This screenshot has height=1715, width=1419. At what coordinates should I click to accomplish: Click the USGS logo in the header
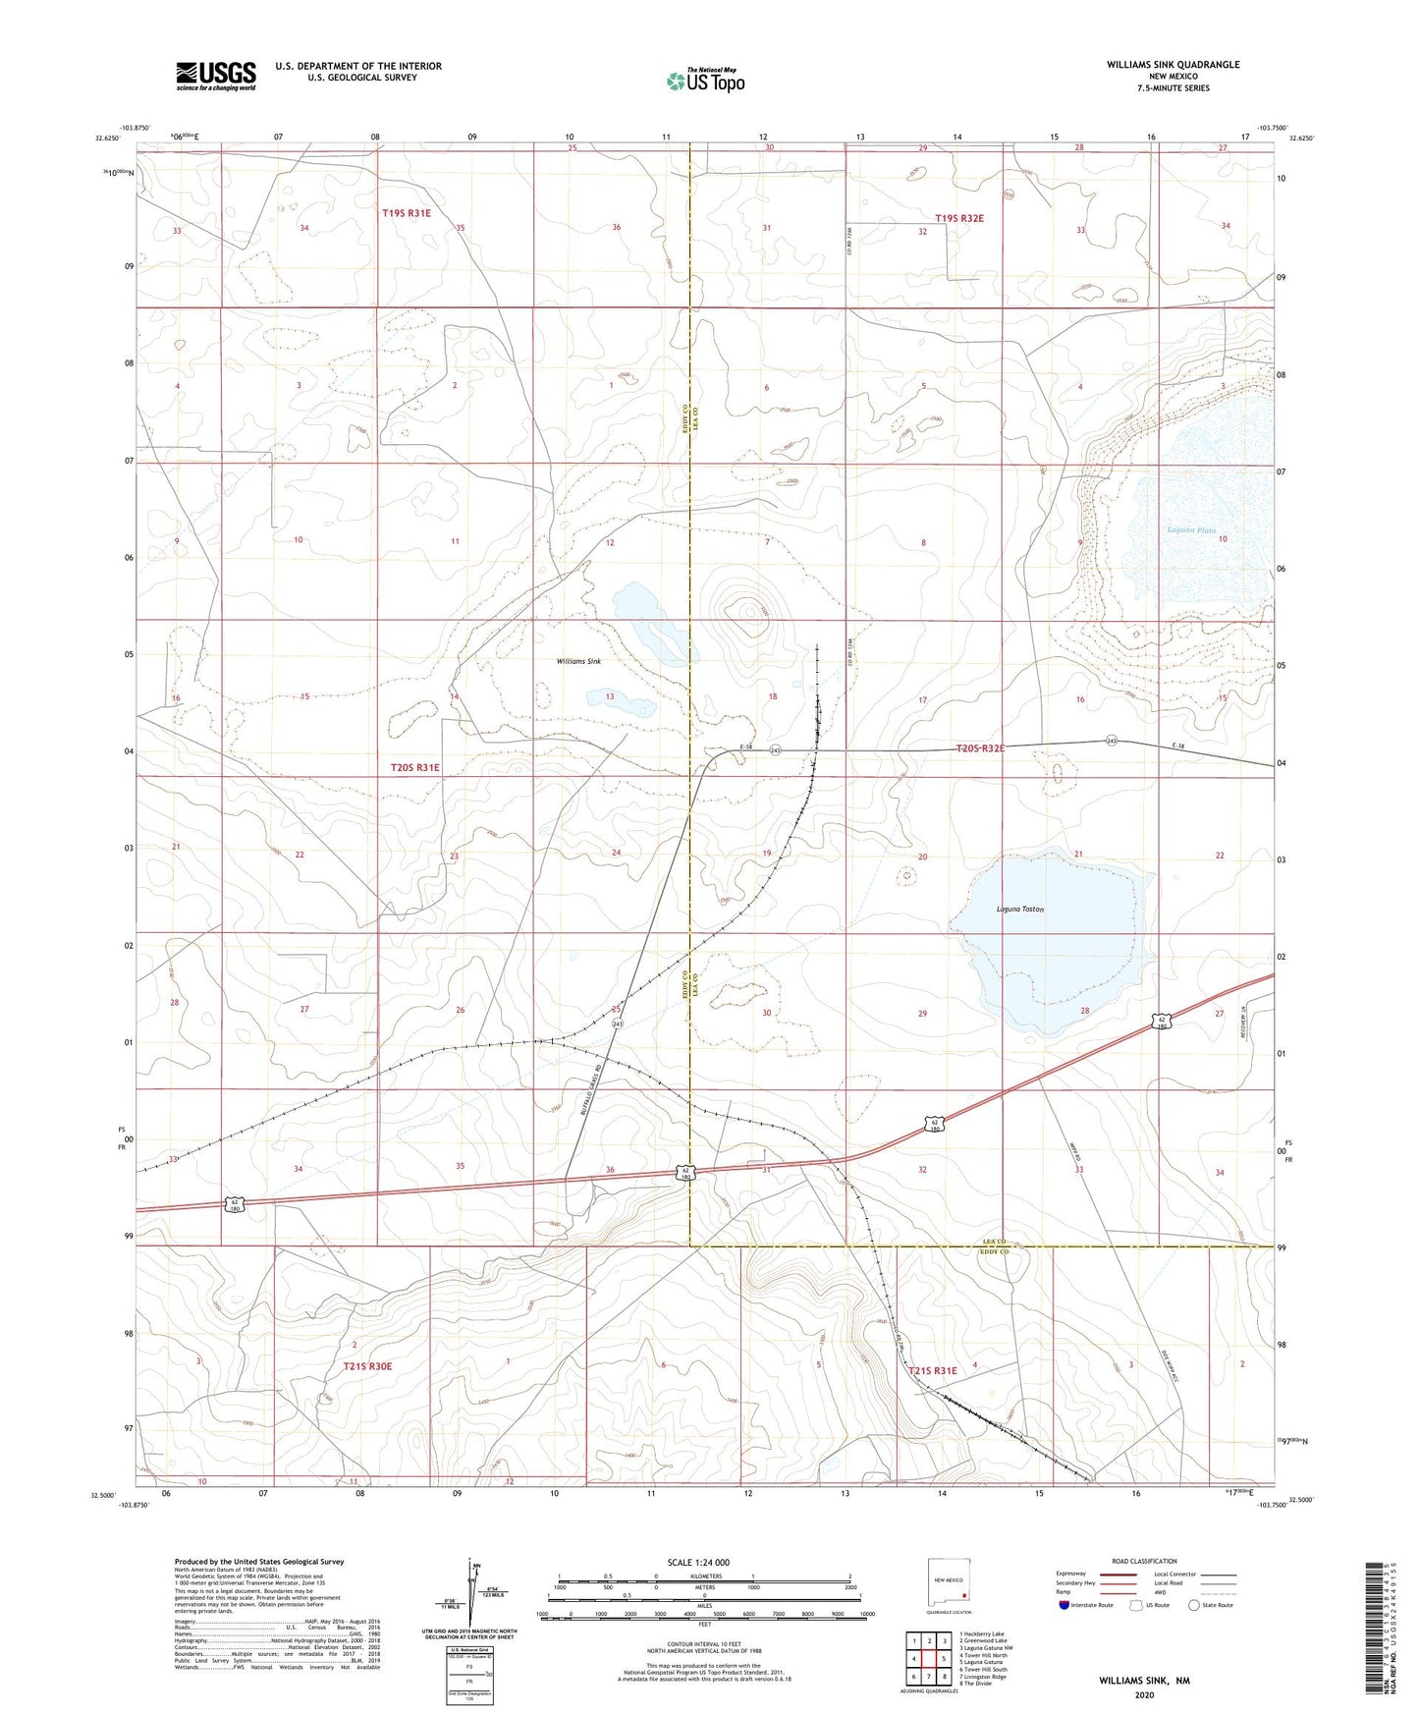tap(216, 75)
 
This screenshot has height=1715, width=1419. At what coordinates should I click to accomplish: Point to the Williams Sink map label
tap(578, 662)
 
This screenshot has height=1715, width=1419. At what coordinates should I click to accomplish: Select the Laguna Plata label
tap(1190, 530)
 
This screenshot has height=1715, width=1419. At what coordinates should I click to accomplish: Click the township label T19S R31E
tap(407, 212)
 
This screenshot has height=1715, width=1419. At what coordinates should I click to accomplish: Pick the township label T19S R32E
tap(959, 218)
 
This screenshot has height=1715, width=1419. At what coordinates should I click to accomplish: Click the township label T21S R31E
tap(932, 1370)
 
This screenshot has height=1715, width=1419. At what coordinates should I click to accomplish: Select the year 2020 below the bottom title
tap(1143, 1694)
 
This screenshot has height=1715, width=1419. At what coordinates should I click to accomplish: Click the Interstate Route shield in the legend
tap(1065, 1605)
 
